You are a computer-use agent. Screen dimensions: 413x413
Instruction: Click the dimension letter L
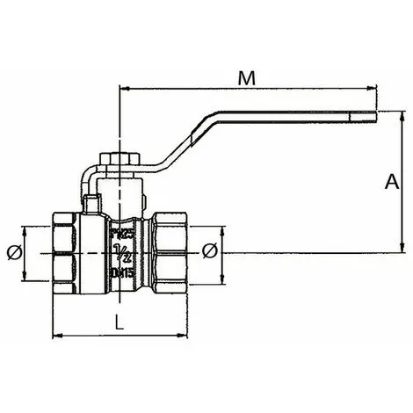click(120, 322)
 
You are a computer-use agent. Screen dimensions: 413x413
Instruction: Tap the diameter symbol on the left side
click(12, 252)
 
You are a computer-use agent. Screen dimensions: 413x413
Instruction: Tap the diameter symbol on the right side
click(209, 252)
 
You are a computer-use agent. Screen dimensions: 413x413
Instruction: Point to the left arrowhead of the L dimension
click(59, 335)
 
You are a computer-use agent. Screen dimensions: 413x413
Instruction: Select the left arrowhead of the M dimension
click(123, 89)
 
